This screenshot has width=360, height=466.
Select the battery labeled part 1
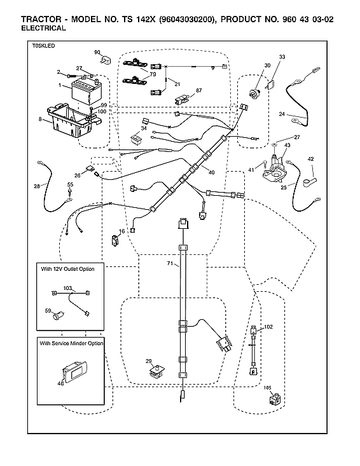84,91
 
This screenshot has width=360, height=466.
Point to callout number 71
170,263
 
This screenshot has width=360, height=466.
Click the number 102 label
268,327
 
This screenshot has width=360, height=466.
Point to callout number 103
67,288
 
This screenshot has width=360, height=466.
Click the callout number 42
311,159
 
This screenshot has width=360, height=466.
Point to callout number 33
282,57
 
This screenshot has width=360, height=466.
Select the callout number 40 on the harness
211,172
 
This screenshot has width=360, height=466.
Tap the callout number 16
121,231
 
